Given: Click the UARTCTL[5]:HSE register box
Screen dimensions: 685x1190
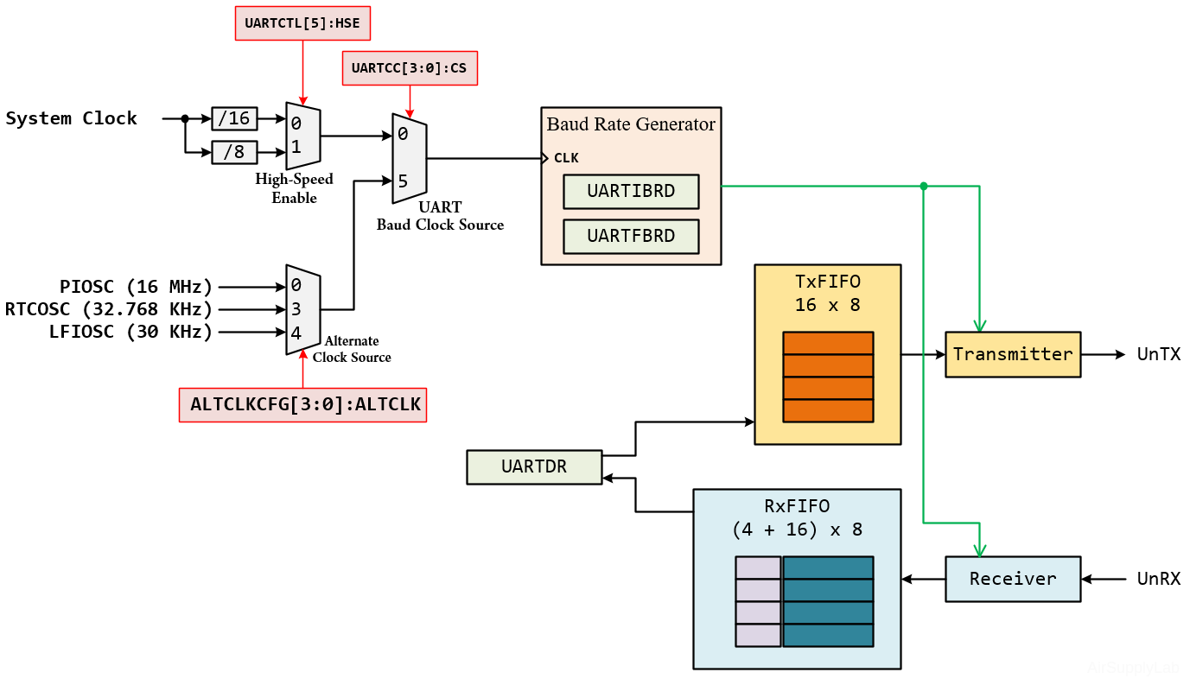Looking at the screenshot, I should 302,23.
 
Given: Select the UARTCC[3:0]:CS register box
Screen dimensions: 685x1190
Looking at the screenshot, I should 410,68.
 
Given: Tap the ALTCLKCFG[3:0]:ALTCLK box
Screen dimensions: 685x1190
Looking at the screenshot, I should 302,404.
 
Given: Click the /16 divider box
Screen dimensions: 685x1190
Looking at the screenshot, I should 234,118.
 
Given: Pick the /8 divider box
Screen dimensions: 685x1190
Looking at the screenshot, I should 234,153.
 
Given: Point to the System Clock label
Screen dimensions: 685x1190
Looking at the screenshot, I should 72,118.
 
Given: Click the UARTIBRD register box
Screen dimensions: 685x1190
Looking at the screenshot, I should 631,191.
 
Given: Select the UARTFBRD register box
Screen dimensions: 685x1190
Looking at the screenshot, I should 631,236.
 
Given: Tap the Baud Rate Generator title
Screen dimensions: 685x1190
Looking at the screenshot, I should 631,124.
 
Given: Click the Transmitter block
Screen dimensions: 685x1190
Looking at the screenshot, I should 1013,354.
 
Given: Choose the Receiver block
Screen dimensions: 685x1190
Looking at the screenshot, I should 1013,579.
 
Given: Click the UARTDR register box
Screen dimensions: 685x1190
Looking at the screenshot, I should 534,466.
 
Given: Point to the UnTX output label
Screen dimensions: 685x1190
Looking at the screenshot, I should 1158,354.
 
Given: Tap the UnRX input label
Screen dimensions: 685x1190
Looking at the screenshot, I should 1158,579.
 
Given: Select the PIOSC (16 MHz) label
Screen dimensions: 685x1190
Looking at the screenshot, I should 136,287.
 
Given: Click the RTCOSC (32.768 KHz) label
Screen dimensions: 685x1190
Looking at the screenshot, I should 109,309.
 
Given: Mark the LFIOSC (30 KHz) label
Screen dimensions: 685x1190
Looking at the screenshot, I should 130,332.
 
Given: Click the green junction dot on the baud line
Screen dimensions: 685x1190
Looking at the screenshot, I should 924,186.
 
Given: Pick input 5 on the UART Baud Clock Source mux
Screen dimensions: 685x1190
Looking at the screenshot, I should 403,181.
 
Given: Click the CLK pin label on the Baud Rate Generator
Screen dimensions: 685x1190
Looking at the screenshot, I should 566,158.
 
